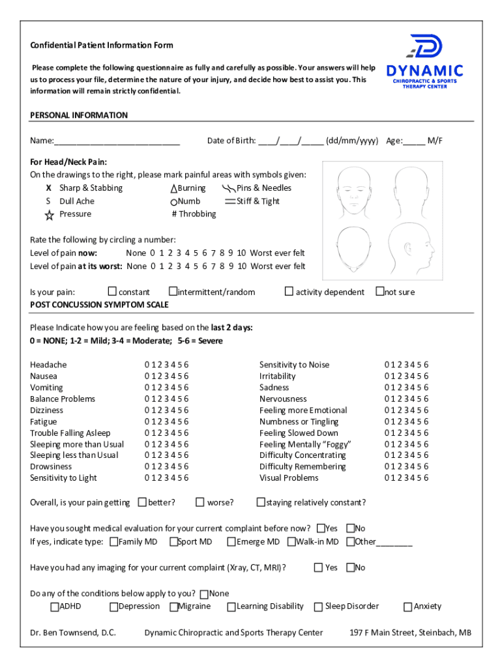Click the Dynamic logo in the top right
coord(424,63)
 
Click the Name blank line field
coord(117,141)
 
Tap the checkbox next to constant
coord(112,292)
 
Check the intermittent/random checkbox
coord(173,292)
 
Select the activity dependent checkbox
coord(289,292)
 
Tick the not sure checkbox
coord(379,292)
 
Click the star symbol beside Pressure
coord(50,215)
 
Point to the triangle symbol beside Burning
coord(173,188)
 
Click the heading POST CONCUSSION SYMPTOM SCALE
coord(99,305)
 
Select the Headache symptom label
coord(48,365)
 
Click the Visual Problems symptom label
coord(289,478)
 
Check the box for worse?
coord(199,502)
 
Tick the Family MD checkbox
coord(114,542)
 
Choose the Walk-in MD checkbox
coord(291,542)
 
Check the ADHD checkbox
coord(54,607)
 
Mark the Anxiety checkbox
coord(408,607)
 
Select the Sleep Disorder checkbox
coord(319,607)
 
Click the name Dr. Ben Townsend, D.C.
coord(73,632)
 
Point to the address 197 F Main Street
coord(411,632)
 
